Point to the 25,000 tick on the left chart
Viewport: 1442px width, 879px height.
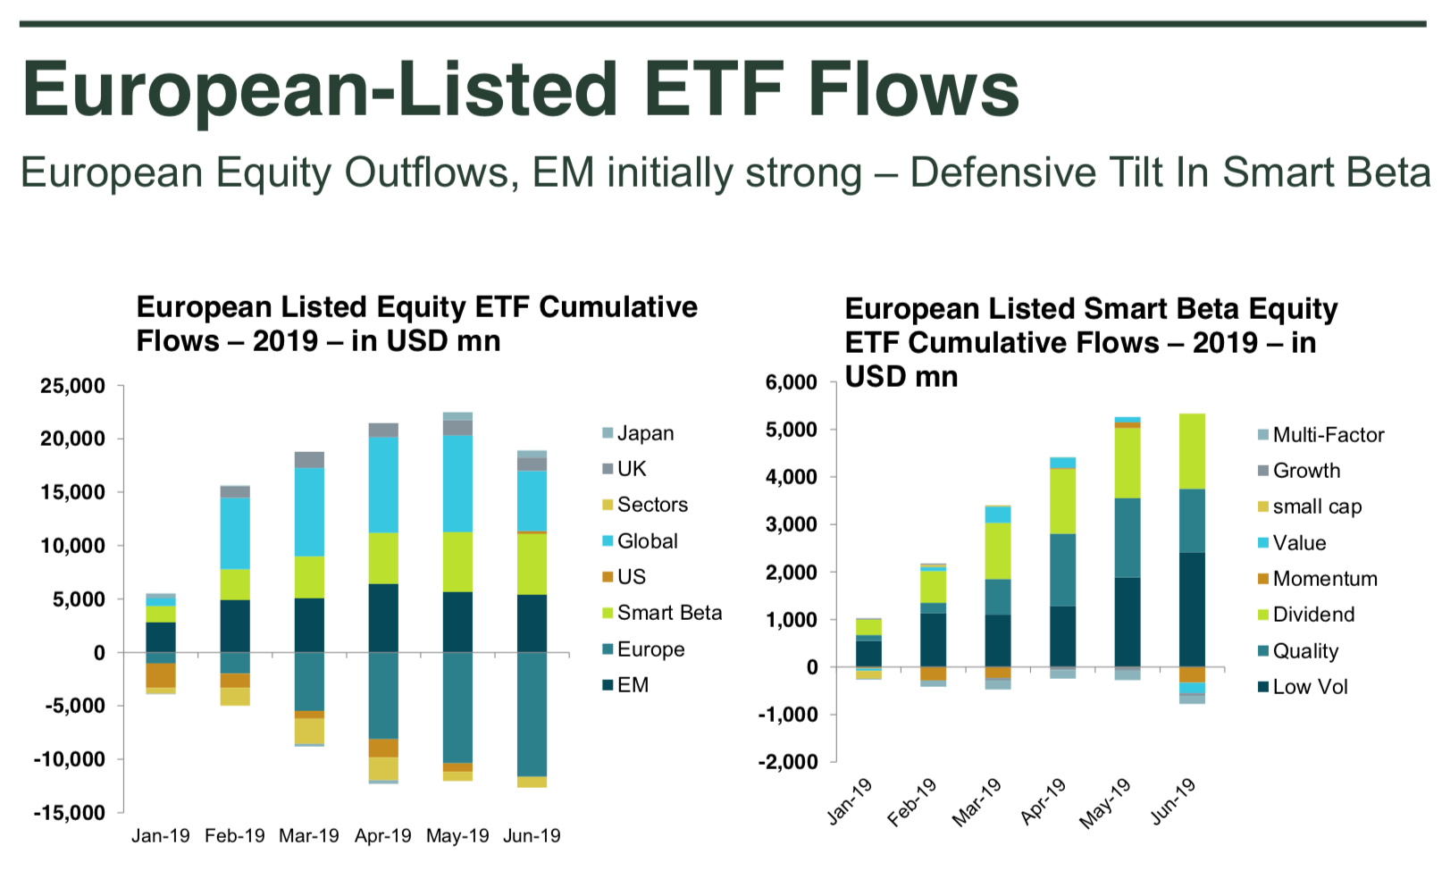point(72,386)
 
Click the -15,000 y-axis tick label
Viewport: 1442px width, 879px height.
point(70,813)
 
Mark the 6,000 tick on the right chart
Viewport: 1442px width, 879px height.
point(791,382)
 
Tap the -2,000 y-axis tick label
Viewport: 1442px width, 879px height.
point(787,762)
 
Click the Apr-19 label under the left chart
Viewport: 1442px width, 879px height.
point(382,836)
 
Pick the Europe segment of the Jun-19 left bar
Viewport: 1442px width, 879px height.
point(532,715)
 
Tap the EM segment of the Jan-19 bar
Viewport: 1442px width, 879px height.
point(161,637)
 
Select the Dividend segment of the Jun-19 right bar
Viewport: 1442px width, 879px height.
point(1192,451)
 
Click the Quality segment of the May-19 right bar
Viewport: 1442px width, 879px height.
point(1128,538)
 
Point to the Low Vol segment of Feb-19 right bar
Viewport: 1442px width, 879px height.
point(934,640)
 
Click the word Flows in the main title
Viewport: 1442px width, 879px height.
point(913,89)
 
